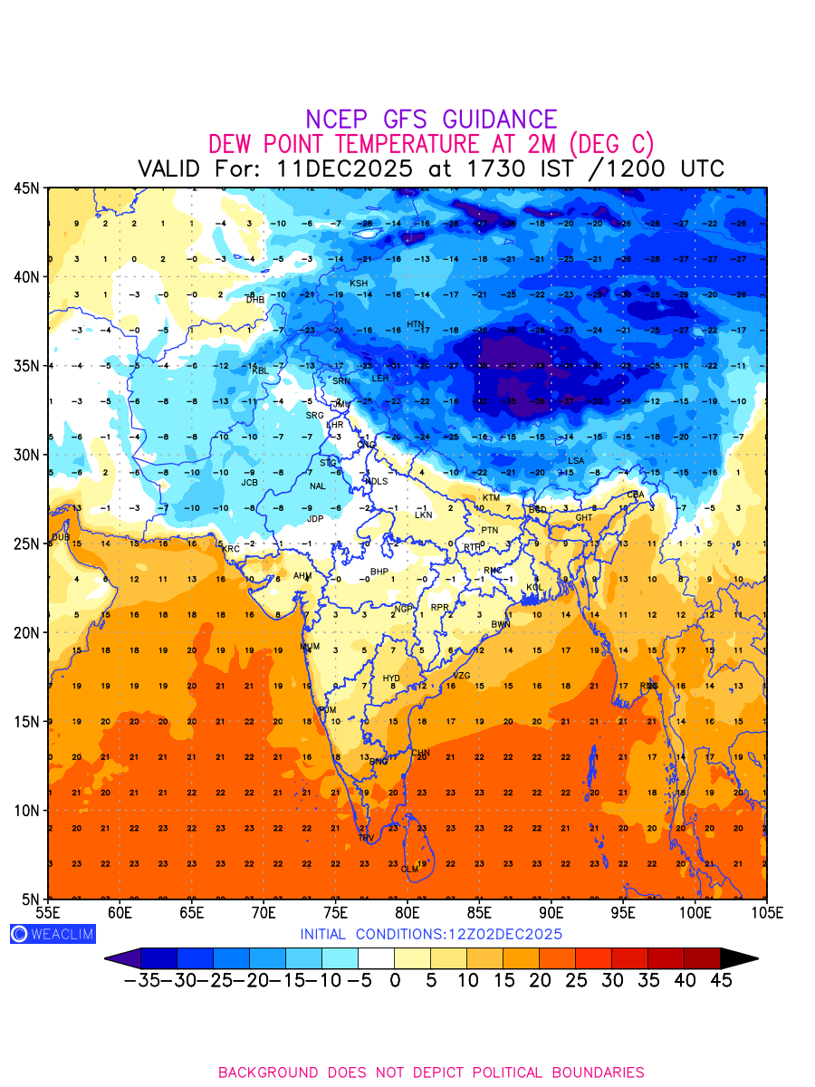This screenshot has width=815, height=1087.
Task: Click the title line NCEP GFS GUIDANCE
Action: [x=431, y=120]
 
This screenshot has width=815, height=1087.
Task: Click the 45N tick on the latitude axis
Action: [x=25, y=188]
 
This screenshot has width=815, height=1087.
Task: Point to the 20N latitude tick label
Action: [x=25, y=632]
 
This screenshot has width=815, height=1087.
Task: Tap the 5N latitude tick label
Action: [x=29, y=899]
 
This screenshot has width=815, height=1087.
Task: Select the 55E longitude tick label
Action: [x=48, y=912]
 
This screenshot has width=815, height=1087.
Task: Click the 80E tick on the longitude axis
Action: [x=407, y=912]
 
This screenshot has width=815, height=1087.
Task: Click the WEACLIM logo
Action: [x=53, y=934]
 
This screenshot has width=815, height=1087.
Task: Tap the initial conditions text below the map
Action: [x=431, y=934]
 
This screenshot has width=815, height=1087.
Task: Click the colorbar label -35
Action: [x=142, y=980]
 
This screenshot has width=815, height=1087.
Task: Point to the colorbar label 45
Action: [x=720, y=980]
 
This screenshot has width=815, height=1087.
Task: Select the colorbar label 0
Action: [x=395, y=980]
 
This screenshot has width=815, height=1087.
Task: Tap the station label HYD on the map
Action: [x=391, y=678]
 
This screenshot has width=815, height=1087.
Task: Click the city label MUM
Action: [x=310, y=648]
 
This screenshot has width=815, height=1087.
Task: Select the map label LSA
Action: [x=576, y=461]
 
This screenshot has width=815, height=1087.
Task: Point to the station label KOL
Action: [x=534, y=588]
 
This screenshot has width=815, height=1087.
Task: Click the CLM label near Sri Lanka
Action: [x=409, y=870]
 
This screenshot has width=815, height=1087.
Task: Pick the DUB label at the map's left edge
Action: [x=61, y=537]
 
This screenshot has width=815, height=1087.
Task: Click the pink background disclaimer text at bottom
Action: [x=431, y=1073]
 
